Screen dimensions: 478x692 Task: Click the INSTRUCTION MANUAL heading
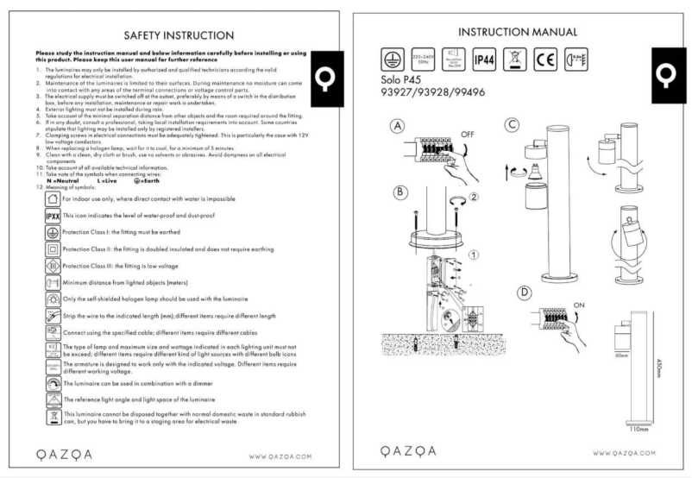[x=518, y=32]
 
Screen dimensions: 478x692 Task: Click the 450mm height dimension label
[x=660, y=373]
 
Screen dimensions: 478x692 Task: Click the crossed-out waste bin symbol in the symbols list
[x=52, y=418]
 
